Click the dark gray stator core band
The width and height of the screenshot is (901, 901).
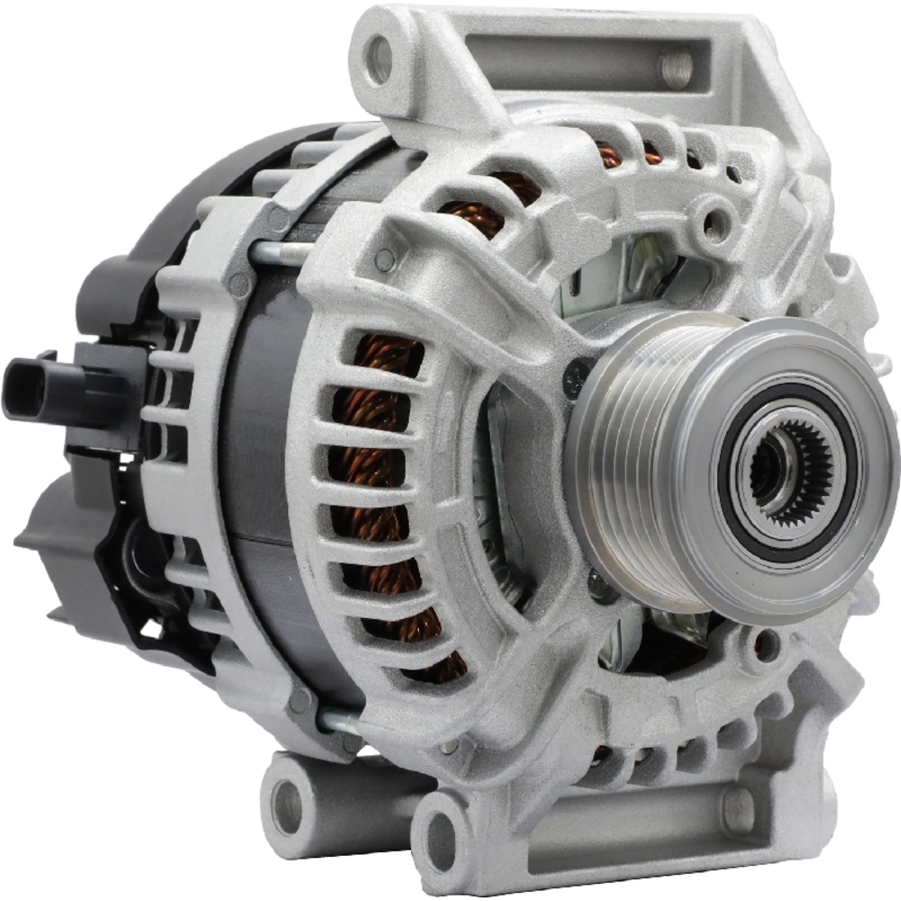pos(261,469)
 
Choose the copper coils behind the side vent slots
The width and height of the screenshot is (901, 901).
pos(378,469)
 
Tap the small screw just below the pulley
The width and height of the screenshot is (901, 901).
pos(602,586)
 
